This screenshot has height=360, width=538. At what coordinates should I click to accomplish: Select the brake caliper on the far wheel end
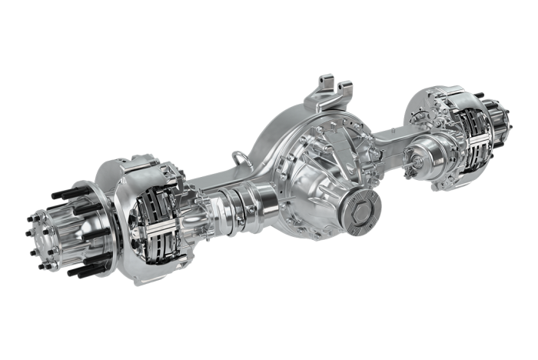pyautogui.click(x=469, y=127)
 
